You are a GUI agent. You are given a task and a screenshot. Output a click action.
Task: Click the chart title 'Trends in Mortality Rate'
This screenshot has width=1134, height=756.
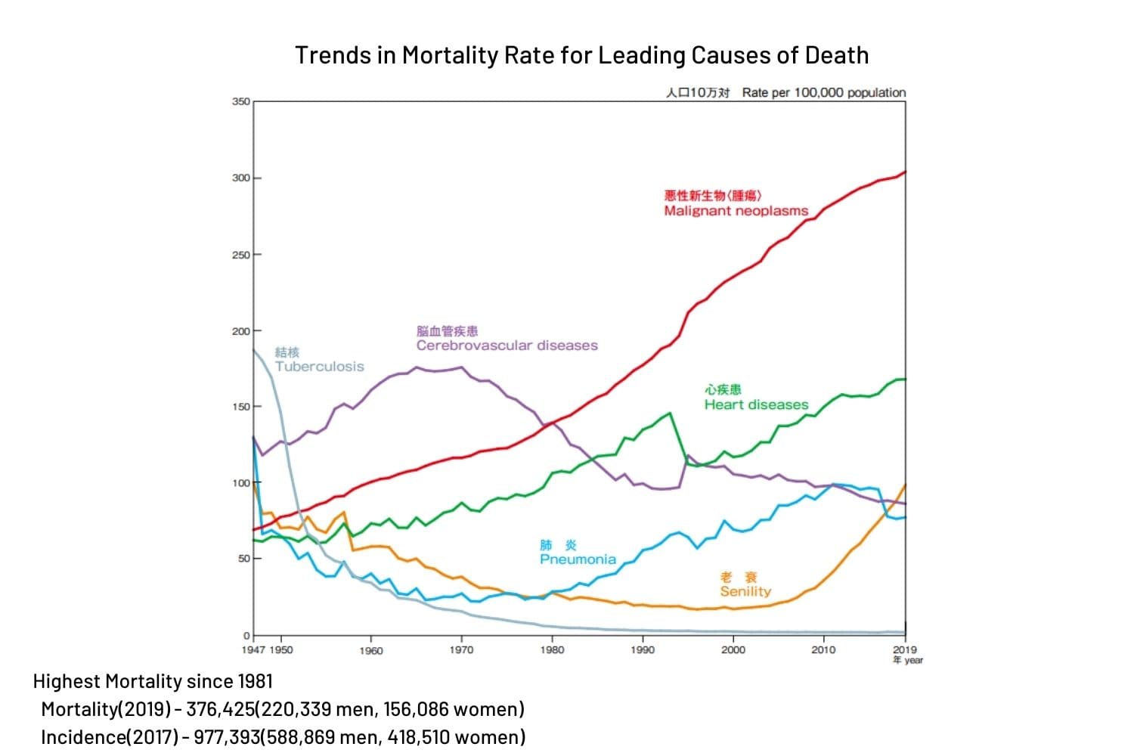coord(581,55)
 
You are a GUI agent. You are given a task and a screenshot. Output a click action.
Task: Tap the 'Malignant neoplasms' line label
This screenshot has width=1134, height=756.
coord(736,211)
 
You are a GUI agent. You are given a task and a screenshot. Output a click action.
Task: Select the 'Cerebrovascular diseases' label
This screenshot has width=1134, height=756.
coord(507,345)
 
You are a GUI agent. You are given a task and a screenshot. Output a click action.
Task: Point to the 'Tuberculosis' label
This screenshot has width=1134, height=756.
coord(319,367)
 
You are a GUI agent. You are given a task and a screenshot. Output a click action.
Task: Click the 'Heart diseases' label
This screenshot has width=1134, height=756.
coord(756,404)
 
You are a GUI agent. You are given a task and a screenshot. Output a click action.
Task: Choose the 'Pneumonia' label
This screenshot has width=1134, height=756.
coord(578,559)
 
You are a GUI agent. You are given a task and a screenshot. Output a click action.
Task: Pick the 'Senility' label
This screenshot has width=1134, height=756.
coord(745,591)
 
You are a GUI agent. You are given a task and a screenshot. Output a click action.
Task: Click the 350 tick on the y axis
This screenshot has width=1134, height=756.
coord(241,101)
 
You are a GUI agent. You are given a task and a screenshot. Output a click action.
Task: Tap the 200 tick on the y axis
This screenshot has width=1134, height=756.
coord(241,331)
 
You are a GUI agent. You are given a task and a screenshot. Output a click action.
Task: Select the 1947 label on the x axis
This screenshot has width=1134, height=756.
coord(253,650)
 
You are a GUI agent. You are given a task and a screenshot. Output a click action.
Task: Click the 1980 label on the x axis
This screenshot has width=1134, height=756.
coord(552,650)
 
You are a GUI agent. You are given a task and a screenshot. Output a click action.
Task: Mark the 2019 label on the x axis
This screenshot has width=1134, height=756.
coord(904,649)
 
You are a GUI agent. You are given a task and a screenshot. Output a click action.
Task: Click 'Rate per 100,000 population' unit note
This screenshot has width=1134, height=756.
coord(823,92)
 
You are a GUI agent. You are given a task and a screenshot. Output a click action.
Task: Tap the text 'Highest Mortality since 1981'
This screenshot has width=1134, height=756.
coord(153,681)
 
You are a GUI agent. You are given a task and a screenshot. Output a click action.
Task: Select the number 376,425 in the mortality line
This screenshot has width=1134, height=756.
coord(219,709)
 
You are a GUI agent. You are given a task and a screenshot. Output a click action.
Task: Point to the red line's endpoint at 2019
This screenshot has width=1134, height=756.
coord(905,172)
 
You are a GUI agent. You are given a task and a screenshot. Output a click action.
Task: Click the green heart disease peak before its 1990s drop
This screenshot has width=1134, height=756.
coord(670,413)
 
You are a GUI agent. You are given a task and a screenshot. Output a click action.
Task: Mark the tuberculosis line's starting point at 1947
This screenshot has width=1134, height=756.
coord(253,349)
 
